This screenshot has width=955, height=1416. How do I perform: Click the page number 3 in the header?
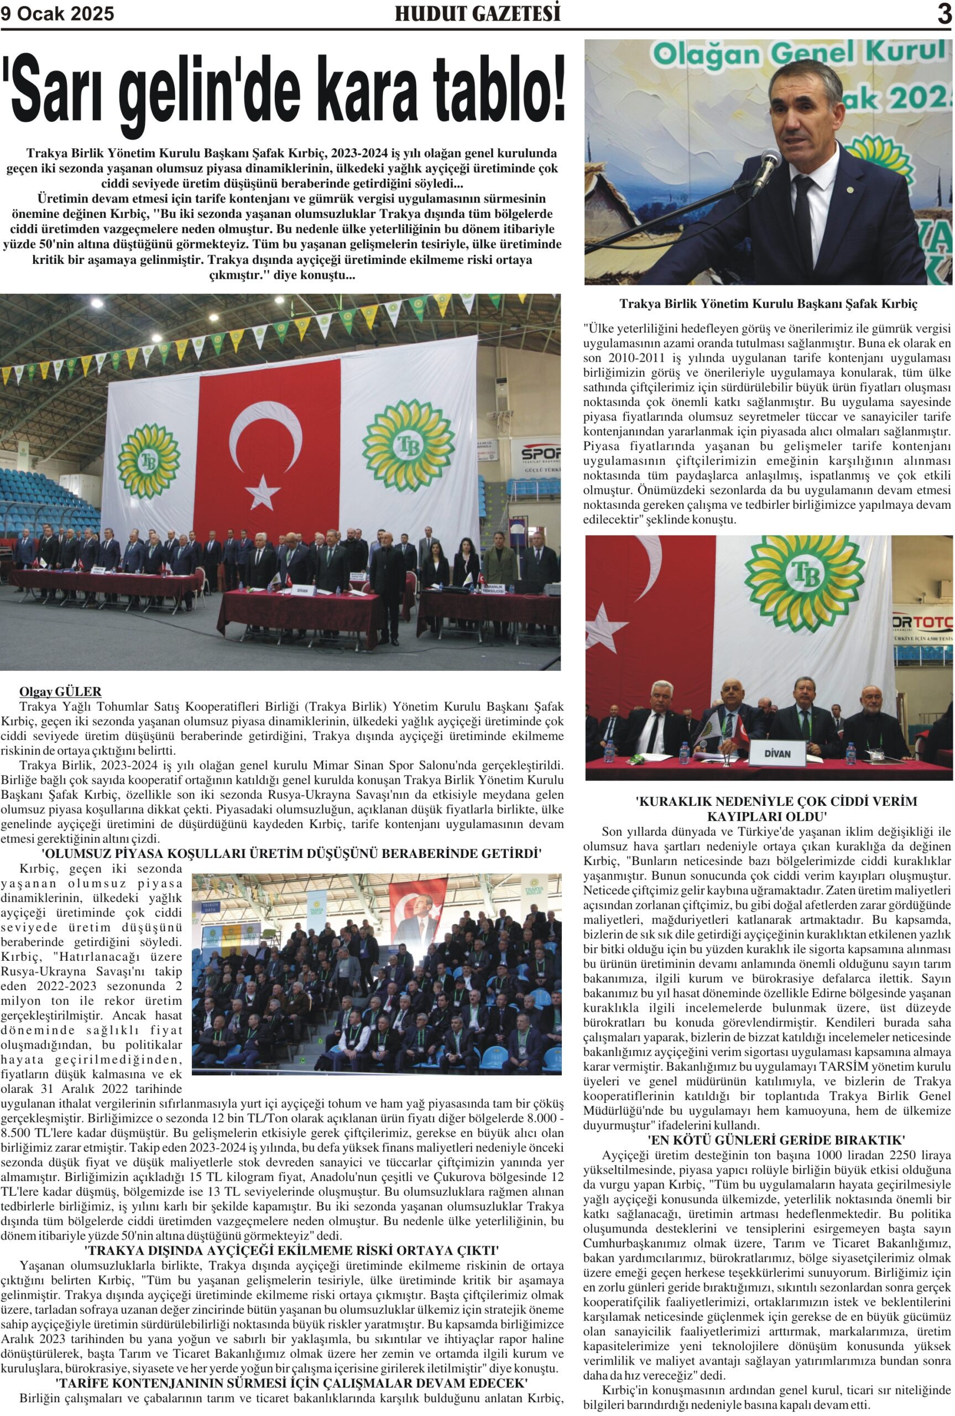(x=943, y=13)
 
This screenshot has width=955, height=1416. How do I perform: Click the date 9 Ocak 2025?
(x=58, y=14)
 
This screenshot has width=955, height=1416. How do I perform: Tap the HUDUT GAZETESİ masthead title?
(x=478, y=14)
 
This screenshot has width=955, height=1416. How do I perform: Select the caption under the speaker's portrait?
(x=768, y=303)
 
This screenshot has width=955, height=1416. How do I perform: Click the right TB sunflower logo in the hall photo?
(x=409, y=446)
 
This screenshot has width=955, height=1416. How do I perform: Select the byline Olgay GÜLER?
(x=60, y=691)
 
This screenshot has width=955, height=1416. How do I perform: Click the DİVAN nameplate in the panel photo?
(x=777, y=753)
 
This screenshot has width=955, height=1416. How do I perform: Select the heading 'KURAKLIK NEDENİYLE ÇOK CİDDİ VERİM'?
(x=768, y=801)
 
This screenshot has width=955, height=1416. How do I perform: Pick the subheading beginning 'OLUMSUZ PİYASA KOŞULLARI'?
(x=291, y=853)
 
